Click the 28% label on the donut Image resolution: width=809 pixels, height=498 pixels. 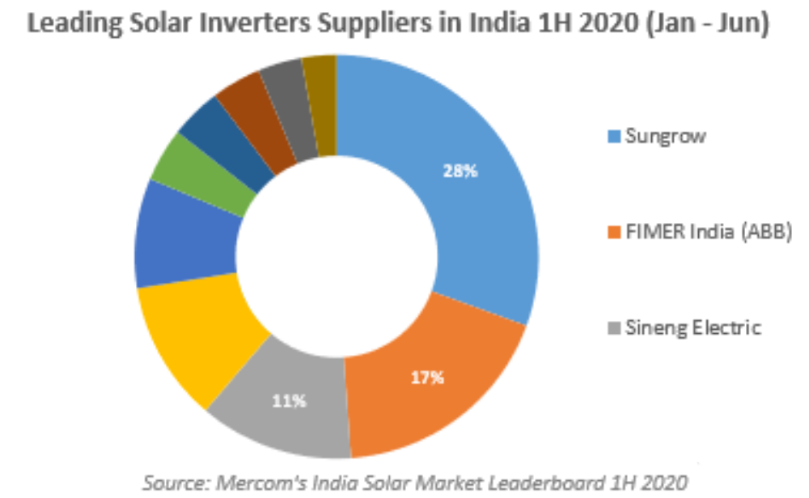(x=460, y=171)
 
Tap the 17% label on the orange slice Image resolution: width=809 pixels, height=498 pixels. (x=427, y=377)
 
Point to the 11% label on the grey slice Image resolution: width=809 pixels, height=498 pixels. (x=289, y=400)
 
